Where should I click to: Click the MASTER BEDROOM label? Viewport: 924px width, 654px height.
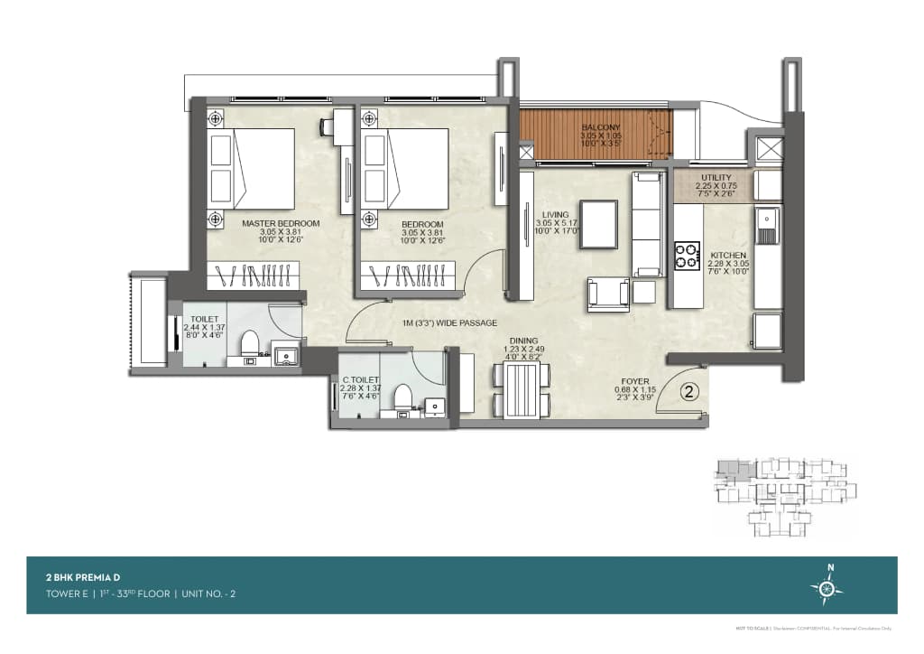pyautogui.click(x=281, y=223)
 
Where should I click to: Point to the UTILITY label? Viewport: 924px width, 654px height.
pyautogui.click(x=716, y=178)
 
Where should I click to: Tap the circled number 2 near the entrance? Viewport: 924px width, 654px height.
pyautogui.click(x=688, y=392)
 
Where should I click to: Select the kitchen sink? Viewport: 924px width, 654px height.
pyautogui.click(x=767, y=226)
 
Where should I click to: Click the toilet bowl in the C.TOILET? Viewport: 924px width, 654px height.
pyautogui.click(x=402, y=397)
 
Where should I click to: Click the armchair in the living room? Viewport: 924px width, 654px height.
pyautogui.click(x=607, y=293)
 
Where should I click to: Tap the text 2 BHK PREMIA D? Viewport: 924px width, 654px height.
pyautogui.click(x=83, y=575)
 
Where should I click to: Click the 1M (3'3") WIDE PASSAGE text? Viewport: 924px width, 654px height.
pyautogui.click(x=449, y=323)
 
